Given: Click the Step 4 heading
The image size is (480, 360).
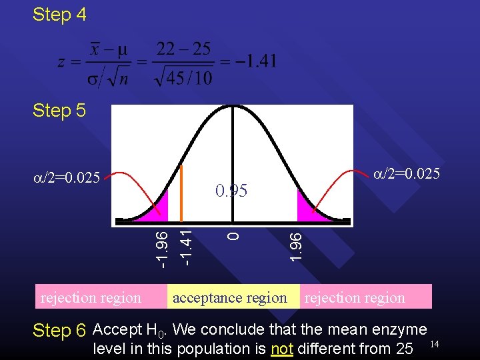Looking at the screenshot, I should (x=59, y=15).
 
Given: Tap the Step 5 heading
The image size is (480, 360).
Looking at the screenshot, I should (x=59, y=110).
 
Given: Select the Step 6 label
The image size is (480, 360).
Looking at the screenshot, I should (x=59, y=331).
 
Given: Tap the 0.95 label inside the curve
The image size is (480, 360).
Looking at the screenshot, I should (x=231, y=191).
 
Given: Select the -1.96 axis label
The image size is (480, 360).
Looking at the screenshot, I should (x=160, y=247).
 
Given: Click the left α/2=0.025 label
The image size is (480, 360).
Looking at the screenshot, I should (x=67, y=177).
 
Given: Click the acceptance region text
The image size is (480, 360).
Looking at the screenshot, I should (x=229, y=297).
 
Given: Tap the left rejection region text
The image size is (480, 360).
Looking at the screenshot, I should (x=91, y=297).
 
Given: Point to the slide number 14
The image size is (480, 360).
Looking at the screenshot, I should (x=435, y=343).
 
